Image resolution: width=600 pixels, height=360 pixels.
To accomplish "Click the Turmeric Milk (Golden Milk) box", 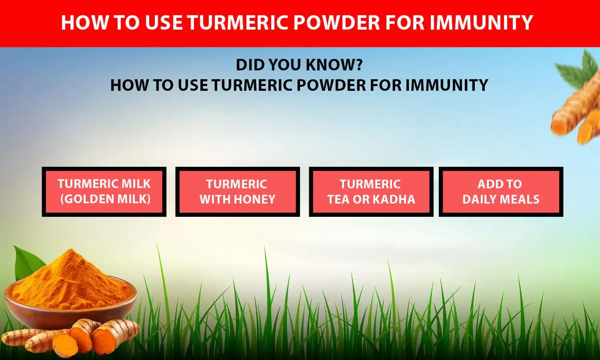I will point(104,192).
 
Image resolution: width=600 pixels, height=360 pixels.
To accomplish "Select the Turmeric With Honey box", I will point(238,192).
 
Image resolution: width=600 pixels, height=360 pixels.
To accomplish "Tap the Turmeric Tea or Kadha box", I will point(371,192).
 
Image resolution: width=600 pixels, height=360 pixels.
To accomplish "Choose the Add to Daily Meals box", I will point(501,192).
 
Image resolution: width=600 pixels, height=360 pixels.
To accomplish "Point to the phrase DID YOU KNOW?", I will point(299,65).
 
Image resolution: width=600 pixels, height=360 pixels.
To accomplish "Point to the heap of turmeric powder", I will point(70,280).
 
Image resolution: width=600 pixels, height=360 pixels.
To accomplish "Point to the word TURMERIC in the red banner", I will point(238,22).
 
